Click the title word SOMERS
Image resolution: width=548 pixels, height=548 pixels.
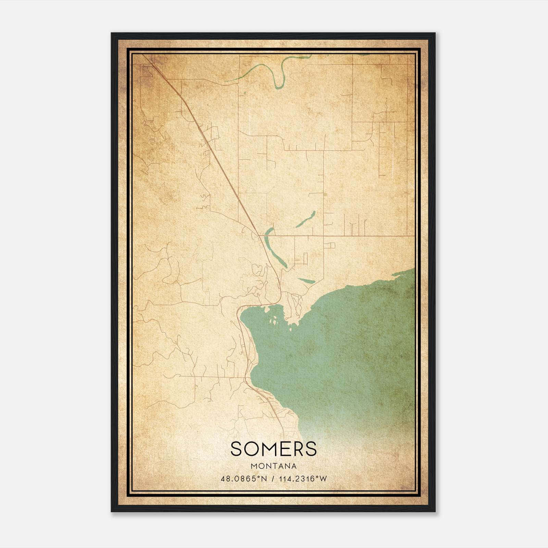pyautogui.click(x=274, y=449)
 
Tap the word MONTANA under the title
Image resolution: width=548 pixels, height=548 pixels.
pyautogui.click(x=274, y=466)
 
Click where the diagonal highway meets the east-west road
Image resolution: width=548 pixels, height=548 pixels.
pyautogui.click(x=259, y=236)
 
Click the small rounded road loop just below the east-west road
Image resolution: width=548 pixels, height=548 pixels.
pyautogui.click(x=331, y=245)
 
